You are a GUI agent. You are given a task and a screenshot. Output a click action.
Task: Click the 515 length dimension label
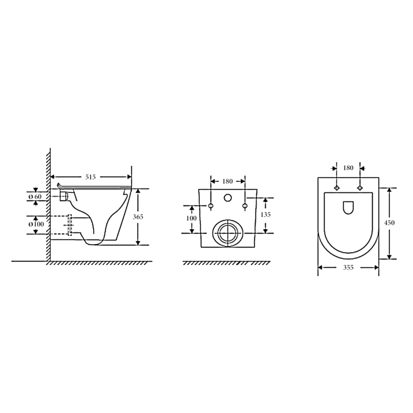coord(91,177)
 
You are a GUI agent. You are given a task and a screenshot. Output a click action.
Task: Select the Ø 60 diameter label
coord(35,196)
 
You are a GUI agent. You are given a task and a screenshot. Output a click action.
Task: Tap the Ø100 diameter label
coord(35,225)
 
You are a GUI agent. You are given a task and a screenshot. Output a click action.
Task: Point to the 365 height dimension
coord(138,217)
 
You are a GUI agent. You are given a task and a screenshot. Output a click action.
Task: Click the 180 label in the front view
coord(228,181)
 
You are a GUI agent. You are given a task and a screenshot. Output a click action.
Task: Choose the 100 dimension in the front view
coord(192,218)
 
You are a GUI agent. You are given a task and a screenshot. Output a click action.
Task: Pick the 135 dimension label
coord(265,214)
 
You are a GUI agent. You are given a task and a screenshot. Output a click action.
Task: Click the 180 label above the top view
coord(348,168)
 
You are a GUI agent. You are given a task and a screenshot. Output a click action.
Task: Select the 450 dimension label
coord(389,223)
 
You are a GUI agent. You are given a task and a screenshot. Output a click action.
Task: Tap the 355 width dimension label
coord(348,267)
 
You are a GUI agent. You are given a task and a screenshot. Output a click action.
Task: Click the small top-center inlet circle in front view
coord(228,198)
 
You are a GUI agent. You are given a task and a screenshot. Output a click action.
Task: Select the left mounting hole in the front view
coord(211,206)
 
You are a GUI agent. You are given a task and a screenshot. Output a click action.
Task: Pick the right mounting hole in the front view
coord(245,206)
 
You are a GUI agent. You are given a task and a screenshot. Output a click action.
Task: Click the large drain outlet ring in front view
coord(228,233)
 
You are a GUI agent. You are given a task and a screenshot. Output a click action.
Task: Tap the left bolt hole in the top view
coord(337,187)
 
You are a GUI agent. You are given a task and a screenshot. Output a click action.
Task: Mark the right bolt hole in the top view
coord(359,187)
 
